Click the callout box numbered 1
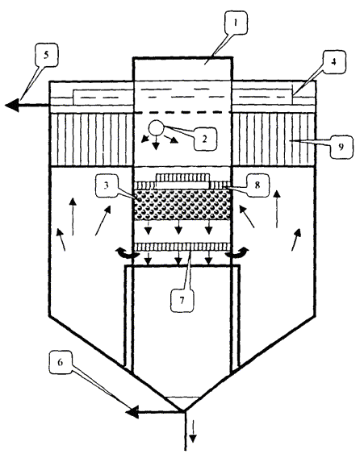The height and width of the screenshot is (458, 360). click(x=236, y=23)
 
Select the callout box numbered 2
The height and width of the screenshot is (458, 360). click(x=204, y=138)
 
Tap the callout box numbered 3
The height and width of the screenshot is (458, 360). click(x=107, y=185)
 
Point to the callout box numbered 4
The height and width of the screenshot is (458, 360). click(x=334, y=62)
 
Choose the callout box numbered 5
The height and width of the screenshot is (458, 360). click(x=46, y=55)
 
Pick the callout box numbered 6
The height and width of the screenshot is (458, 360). click(x=61, y=362)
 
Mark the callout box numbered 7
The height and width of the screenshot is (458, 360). click(x=182, y=301)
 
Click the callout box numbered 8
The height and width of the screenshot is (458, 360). click(x=257, y=185)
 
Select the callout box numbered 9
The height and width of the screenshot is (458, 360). click(x=341, y=146)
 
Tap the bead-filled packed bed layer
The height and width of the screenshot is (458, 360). click(x=182, y=205)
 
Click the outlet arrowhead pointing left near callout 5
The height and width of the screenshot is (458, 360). click(x=12, y=105)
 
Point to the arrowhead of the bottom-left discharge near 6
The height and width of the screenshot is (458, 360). click(x=132, y=412)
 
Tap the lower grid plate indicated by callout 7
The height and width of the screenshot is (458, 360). click(x=182, y=247)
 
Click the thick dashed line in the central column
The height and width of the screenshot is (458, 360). click(x=182, y=112)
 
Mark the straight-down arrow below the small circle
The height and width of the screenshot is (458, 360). click(x=156, y=143)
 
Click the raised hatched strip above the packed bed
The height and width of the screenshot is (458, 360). click(x=183, y=177)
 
